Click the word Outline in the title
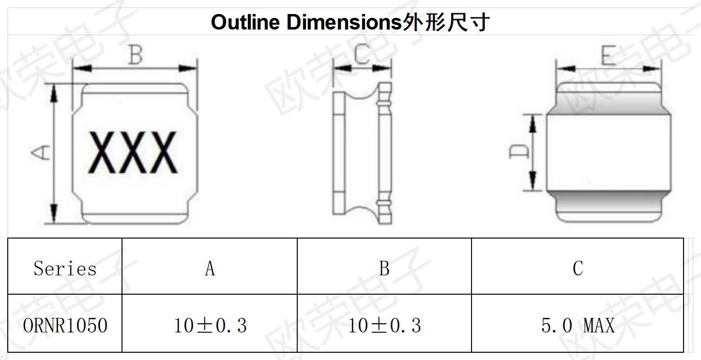(x=245, y=22)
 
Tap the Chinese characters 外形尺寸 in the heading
(x=446, y=22)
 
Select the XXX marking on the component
(x=133, y=152)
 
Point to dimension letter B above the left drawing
(x=136, y=55)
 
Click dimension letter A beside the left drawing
(x=40, y=152)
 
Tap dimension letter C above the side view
(x=362, y=54)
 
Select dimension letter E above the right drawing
(x=609, y=55)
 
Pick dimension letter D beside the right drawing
(x=519, y=152)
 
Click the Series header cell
(x=65, y=269)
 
